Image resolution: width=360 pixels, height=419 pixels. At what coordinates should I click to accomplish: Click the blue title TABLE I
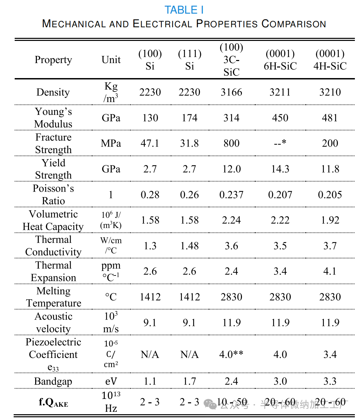click(x=184, y=10)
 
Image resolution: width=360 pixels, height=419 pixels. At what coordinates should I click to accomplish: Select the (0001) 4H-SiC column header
click(x=330, y=60)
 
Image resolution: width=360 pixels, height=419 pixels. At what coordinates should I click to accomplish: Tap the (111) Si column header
click(x=189, y=60)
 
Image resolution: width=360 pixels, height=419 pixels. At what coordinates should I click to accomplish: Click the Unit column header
click(x=111, y=60)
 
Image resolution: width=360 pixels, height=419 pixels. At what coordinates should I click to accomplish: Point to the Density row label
click(x=53, y=92)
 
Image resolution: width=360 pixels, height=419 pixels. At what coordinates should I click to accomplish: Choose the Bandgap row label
click(x=53, y=381)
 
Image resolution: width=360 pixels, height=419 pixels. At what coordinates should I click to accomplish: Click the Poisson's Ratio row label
click(x=53, y=194)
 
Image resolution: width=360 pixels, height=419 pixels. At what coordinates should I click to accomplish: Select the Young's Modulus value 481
click(x=330, y=118)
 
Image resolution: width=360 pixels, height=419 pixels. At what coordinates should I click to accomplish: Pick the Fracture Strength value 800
click(x=231, y=144)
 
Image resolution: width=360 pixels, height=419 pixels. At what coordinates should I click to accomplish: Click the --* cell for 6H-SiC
click(x=280, y=144)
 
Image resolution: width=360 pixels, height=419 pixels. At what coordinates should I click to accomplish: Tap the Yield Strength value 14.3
click(x=280, y=169)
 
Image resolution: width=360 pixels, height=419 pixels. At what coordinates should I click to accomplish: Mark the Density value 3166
click(x=231, y=92)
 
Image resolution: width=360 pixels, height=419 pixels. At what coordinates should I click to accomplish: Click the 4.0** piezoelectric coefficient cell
click(x=231, y=355)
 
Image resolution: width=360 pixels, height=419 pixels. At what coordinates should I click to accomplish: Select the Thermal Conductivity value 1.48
click(x=189, y=246)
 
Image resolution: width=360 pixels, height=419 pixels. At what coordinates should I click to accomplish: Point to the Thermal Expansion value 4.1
click(x=330, y=271)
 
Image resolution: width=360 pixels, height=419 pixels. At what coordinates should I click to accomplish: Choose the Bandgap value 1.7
click(x=189, y=381)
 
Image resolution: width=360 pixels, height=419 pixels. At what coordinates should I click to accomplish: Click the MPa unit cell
click(x=111, y=144)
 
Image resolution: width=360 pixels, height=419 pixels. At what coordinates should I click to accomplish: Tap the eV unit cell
click(x=111, y=381)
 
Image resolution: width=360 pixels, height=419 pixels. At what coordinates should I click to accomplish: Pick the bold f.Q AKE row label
click(x=53, y=403)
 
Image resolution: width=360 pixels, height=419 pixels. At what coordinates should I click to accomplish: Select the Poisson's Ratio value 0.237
click(x=231, y=195)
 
